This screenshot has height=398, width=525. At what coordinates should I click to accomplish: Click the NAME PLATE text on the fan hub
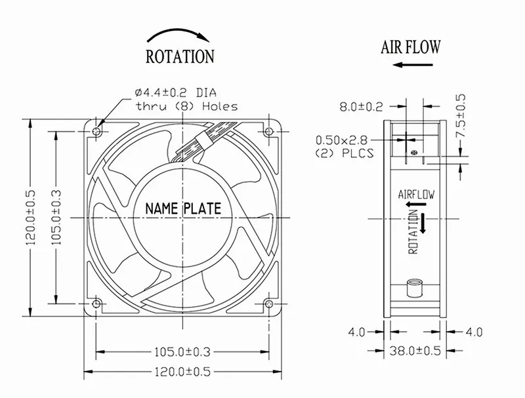tap(183, 209)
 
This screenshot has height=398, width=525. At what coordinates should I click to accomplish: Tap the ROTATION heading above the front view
tap(180, 56)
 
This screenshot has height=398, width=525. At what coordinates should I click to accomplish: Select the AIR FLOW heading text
tap(411, 47)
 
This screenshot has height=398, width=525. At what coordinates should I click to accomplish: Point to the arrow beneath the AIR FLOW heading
tap(413, 64)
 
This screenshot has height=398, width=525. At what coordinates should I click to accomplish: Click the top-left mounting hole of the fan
tap(97, 131)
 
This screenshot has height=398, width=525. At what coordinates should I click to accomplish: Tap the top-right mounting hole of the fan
tap(268, 131)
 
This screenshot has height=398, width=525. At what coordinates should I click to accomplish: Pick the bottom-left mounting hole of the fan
tap(96, 304)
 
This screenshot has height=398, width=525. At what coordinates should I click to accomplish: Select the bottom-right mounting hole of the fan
tap(268, 304)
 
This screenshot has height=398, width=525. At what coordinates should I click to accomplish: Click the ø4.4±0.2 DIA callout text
tap(176, 92)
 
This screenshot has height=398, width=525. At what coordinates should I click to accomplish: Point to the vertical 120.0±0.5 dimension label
tap(30, 218)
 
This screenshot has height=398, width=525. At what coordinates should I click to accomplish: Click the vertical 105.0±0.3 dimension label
tap(56, 218)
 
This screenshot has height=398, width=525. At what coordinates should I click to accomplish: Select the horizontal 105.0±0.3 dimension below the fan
tap(182, 352)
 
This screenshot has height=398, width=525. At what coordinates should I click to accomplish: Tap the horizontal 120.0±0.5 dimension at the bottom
tap(182, 372)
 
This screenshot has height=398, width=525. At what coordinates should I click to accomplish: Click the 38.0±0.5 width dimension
tap(415, 351)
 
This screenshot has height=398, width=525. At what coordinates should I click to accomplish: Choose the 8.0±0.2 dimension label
tap(362, 107)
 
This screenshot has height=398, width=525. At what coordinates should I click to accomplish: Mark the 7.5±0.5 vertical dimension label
tap(461, 115)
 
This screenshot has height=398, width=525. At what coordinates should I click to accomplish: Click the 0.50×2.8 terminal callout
tap(341, 140)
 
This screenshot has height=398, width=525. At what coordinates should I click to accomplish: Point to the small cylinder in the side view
tap(415, 289)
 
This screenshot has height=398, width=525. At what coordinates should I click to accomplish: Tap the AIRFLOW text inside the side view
tap(416, 194)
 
